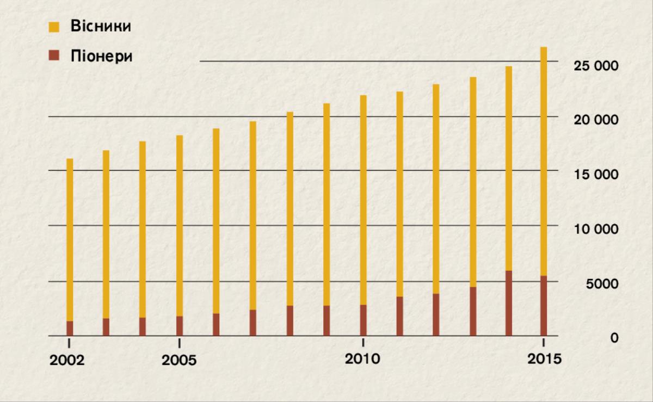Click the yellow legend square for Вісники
pyautogui.click(x=54, y=27)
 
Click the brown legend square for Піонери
pyautogui.click(x=54, y=56)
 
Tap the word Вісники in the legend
pyautogui.click(x=101, y=26)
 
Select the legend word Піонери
pyautogui.click(x=101, y=56)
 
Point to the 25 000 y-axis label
pyautogui.click(x=596, y=65)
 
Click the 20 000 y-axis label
pyautogui.click(x=596, y=120)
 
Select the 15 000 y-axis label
pyautogui.click(x=596, y=175)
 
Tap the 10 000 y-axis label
pyautogui.click(x=596, y=229)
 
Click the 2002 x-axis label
pyautogui.click(x=67, y=361)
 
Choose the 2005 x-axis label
pyautogui.click(x=180, y=361)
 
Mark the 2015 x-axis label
pyautogui.click(x=544, y=360)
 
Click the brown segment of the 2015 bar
pyautogui.click(x=544, y=306)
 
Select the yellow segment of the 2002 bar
pyautogui.click(x=70, y=239)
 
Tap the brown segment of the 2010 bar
pyautogui.click(x=362, y=320)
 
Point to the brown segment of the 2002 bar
pyautogui.click(x=70, y=329)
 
